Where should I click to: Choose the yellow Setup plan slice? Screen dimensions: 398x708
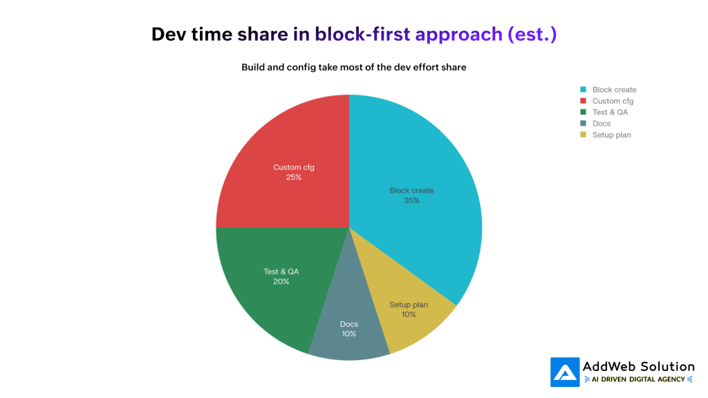[415, 325]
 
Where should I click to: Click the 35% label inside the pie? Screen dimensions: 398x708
[412, 201]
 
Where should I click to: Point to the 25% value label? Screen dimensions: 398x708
[293, 178]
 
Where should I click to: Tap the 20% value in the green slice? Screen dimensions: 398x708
[281, 282]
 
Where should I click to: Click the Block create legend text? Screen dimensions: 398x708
[614, 90]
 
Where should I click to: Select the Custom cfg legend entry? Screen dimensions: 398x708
[613, 101]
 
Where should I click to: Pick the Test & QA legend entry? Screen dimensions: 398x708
[610, 112]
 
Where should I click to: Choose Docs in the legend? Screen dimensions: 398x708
[601, 124]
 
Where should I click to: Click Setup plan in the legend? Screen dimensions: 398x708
[611, 135]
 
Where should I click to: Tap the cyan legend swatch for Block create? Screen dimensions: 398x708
[584, 90]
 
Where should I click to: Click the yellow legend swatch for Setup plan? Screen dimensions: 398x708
[584, 135]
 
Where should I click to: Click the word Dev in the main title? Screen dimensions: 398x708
[168, 34]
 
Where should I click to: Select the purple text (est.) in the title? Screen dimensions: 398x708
[532, 34]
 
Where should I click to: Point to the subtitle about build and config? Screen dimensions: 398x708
[354, 67]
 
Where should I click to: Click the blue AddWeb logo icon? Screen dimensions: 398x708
[565, 372]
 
